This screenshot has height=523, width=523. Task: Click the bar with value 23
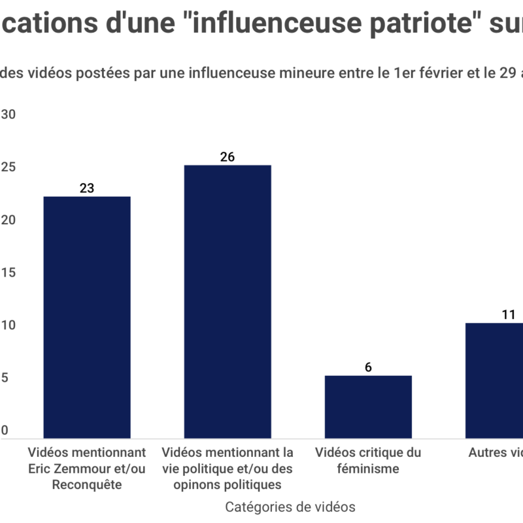pos(87,317)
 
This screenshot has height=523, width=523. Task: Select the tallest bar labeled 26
pos(228,301)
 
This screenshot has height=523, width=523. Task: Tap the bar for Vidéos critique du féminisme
pos(368,407)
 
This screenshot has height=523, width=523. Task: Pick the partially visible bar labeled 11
pos(494,380)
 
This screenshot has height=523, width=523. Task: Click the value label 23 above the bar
pos(87,188)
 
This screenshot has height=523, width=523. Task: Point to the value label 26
pos(228,157)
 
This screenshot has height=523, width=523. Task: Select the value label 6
pos(368,367)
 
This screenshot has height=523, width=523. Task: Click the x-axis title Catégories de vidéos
pos(290,507)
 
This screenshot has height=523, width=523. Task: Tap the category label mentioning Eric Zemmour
pos(87,468)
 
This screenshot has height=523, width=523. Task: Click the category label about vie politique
pos(228,468)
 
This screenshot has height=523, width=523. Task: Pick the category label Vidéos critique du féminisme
pos(368,460)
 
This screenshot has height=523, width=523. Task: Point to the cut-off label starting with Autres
pos(496,452)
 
